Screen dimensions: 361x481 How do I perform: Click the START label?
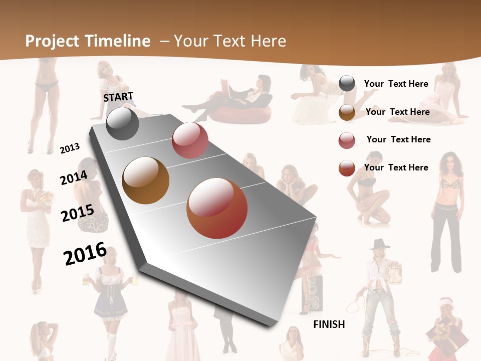(x=118, y=97)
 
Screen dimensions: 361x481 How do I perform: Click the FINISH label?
(x=329, y=324)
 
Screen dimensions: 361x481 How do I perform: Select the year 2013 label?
(x=70, y=148)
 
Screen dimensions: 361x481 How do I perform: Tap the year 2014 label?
(x=74, y=177)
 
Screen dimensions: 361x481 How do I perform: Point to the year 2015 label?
(x=77, y=213)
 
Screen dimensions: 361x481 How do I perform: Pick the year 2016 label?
(x=85, y=253)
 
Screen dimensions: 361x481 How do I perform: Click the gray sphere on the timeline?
(x=122, y=123)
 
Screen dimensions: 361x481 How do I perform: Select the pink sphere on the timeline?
(x=190, y=140)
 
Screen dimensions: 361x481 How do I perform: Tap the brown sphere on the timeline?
(x=145, y=180)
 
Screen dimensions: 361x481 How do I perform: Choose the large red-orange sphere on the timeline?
(x=217, y=208)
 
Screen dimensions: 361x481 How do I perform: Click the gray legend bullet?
(x=347, y=84)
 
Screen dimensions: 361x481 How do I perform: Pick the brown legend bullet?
(x=347, y=112)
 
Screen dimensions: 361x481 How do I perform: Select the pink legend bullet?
(x=347, y=140)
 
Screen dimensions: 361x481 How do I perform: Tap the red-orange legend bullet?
(x=347, y=168)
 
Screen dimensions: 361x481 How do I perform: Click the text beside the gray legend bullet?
(x=396, y=84)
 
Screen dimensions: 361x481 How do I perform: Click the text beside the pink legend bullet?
(x=398, y=139)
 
